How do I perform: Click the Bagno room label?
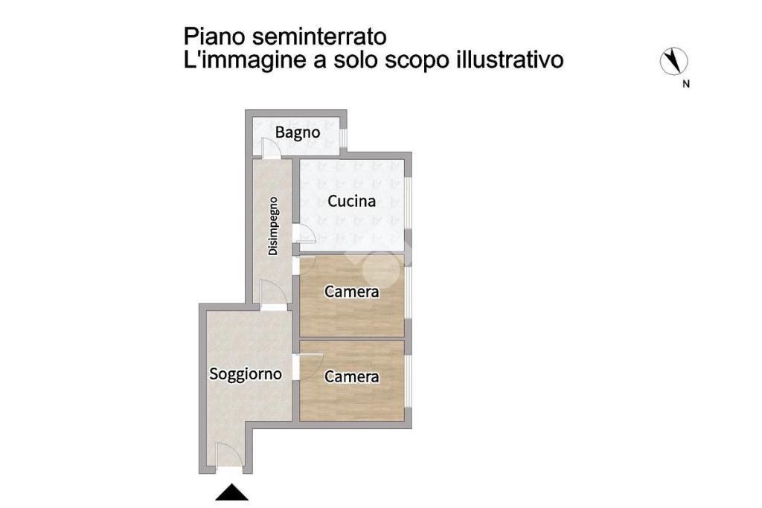tap(298, 132)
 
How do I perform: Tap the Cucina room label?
tap(351, 201)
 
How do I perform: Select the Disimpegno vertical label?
tap(273, 226)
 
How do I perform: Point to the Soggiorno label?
tap(246, 374)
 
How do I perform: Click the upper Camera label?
tap(351, 292)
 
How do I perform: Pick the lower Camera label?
tap(351, 377)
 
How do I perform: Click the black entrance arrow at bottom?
tap(232, 492)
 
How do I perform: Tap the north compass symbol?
tap(673, 61)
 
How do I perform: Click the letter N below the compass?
tap(685, 84)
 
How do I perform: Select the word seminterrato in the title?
tap(320, 37)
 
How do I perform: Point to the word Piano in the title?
tap(215, 37)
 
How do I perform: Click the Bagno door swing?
tap(270, 148)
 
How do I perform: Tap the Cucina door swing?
tap(304, 234)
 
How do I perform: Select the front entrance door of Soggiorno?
tap(229, 455)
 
